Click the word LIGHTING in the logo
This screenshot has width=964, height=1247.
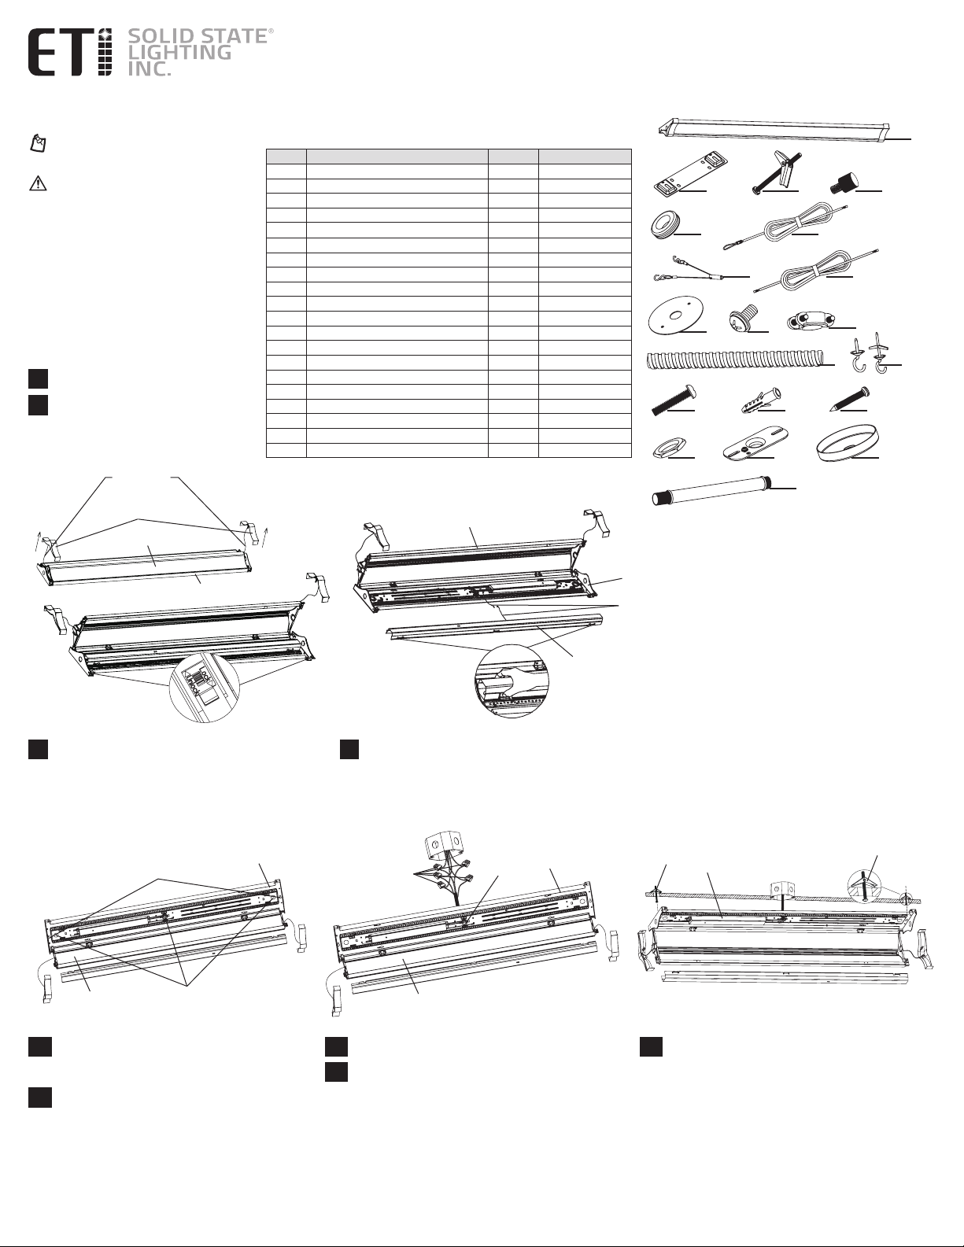pyautogui.click(x=179, y=53)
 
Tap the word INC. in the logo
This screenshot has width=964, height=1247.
pyautogui.click(x=150, y=68)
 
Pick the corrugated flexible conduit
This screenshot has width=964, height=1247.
pyautogui.click(x=736, y=362)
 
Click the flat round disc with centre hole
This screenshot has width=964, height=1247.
pyautogui.click(x=674, y=319)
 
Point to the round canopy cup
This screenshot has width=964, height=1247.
pyautogui.click(x=848, y=445)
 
